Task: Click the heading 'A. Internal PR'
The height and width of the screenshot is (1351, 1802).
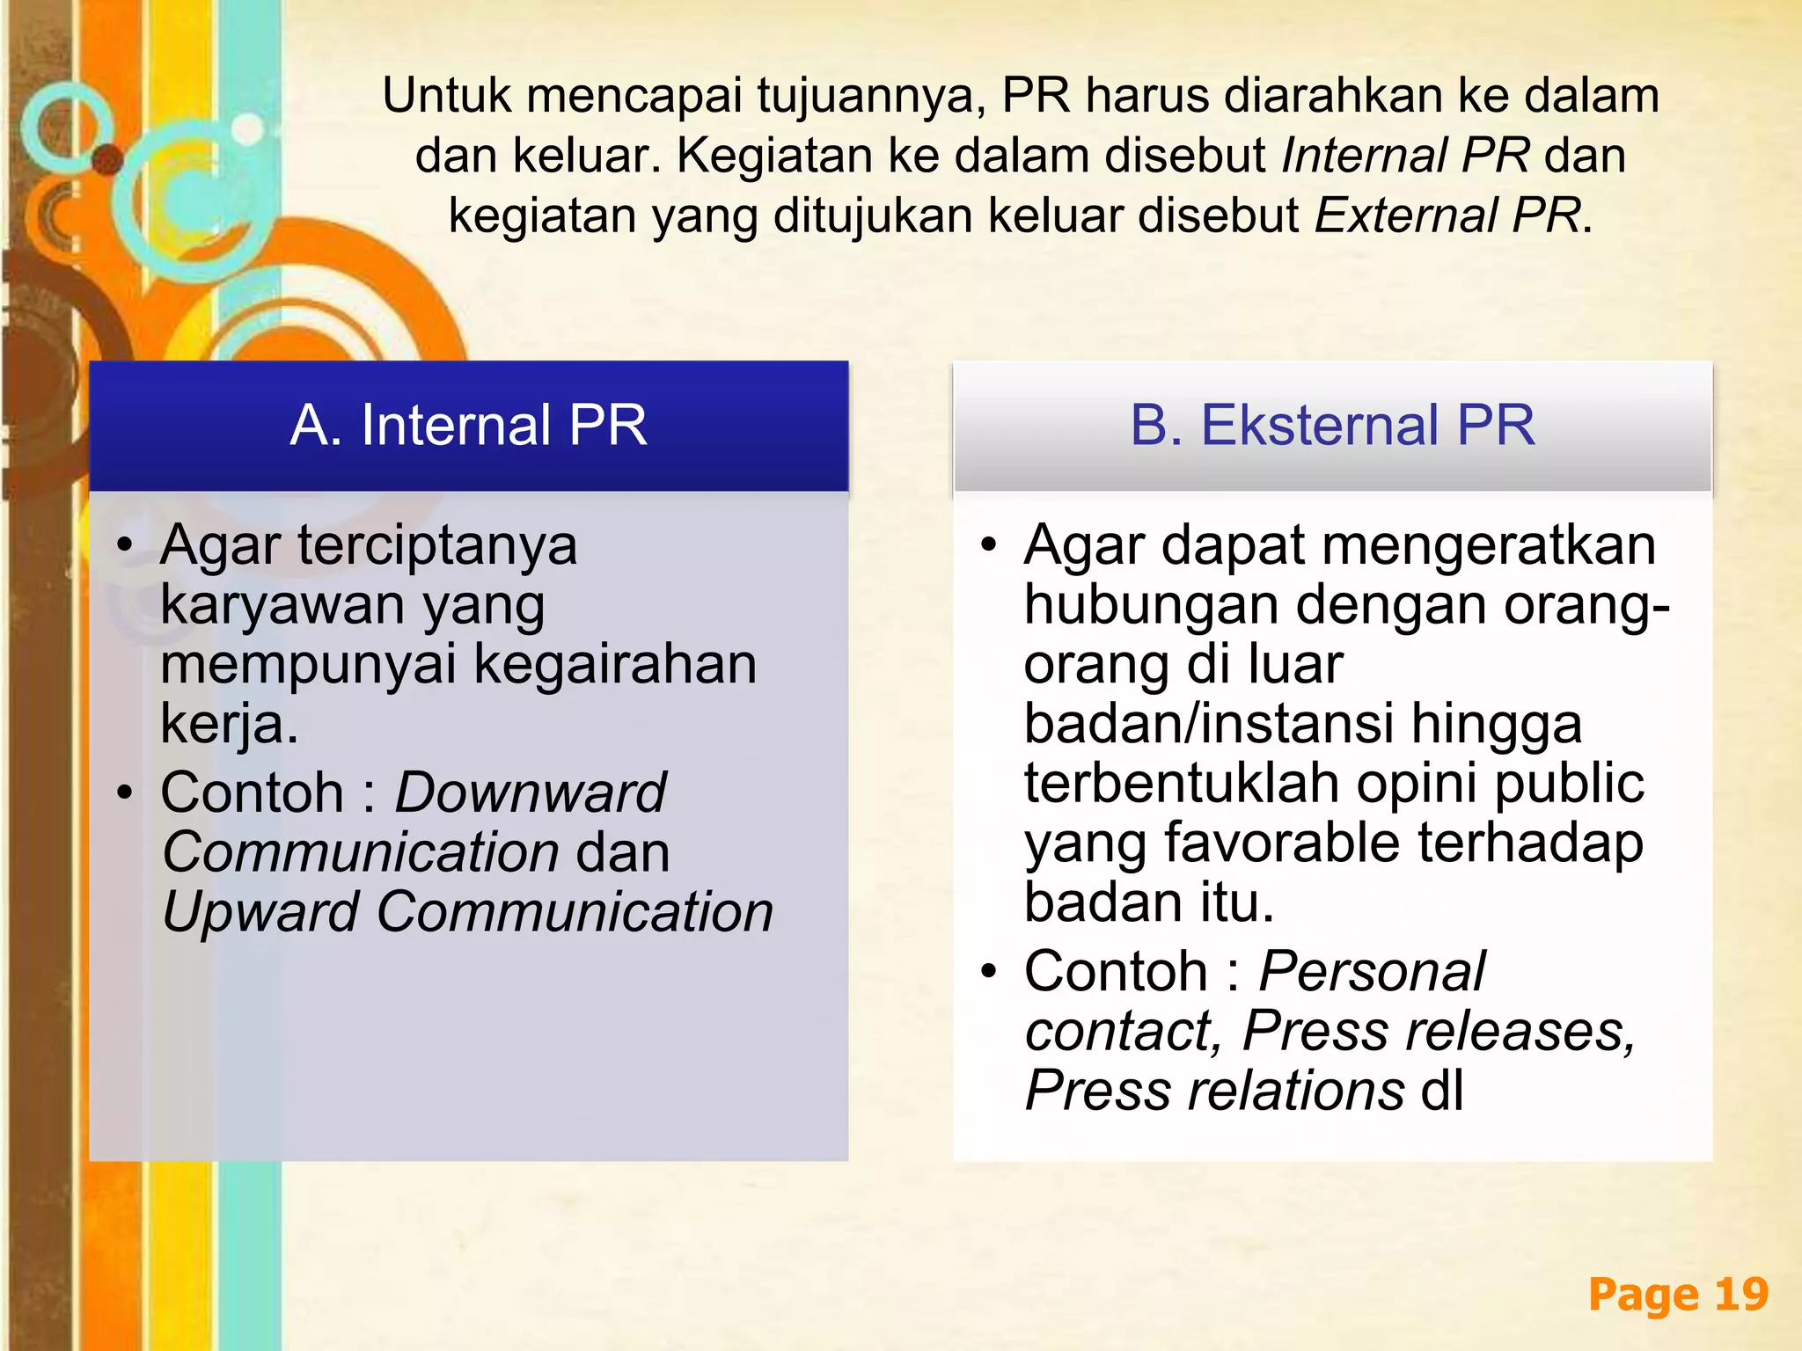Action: (x=468, y=426)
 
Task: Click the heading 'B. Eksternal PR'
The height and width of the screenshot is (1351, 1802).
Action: (x=1332, y=426)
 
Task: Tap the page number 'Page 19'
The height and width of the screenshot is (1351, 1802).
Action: (x=1678, y=1295)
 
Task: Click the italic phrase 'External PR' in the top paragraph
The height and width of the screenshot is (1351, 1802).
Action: (x=1447, y=215)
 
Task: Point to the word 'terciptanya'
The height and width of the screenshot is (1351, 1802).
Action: (x=437, y=546)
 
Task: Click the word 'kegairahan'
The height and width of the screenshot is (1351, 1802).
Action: (x=615, y=664)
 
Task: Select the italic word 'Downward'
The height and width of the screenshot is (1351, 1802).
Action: (x=530, y=792)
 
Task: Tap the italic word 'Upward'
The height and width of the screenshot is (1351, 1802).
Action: (x=260, y=912)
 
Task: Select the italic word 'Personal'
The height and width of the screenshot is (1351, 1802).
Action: (x=1372, y=972)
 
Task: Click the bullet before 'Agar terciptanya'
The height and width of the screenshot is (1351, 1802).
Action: (x=126, y=545)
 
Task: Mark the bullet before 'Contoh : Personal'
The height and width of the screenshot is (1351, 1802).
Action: (x=989, y=972)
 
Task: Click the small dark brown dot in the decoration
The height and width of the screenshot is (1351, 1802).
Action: (x=107, y=159)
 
